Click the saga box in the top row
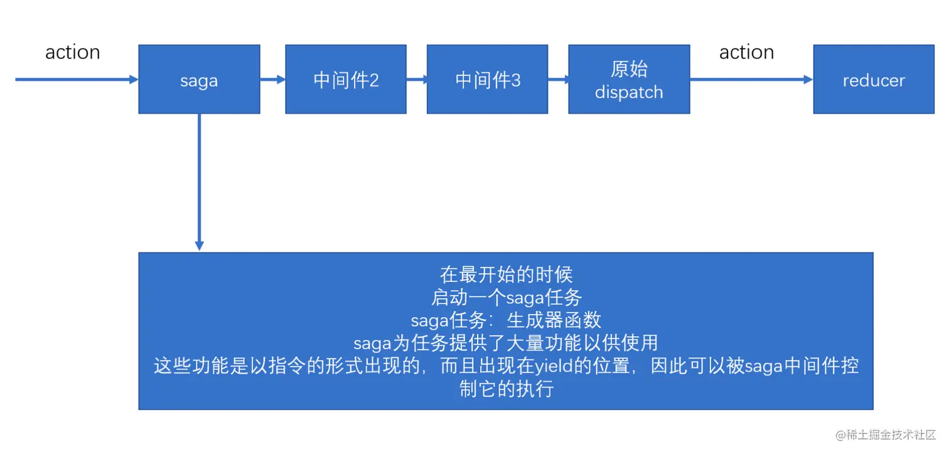click(199, 79)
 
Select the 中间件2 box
click(346, 79)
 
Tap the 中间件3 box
click(487, 79)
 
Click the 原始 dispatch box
click(629, 79)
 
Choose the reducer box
click(874, 79)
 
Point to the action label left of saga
click(73, 52)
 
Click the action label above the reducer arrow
click(746, 52)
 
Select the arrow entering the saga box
click(77, 79)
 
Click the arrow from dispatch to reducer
click(751, 79)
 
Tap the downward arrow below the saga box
click(199, 182)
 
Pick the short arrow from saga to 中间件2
click(272, 79)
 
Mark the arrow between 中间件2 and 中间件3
click(417, 79)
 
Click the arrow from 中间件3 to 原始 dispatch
click(559, 79)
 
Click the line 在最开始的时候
click(507, 274)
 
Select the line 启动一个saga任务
click(507, 298)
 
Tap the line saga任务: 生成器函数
click(507, 320)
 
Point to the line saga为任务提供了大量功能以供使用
click(507, 343)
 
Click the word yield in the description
click(554, 366)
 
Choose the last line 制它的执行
click(507, 389)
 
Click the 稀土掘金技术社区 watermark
click(886, 435)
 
